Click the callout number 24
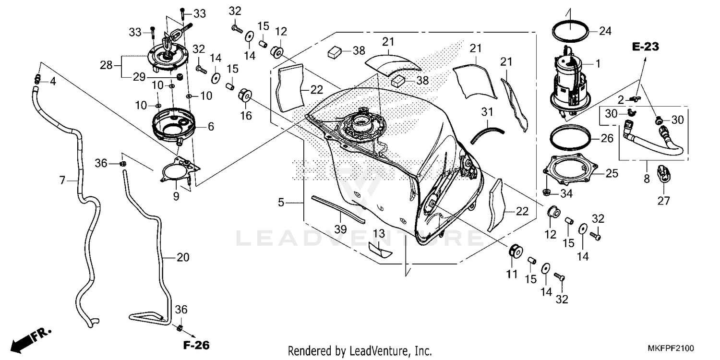pyautogui.click(x=605, y=32)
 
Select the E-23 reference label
pyautogui.click(x=645, y=47)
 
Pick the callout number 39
pyautogui.click(x=340, y=229)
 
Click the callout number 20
pyautogui.click(x=183, y=258)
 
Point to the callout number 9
pyautogui.click(x=176, y=196)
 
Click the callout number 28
pyautogui.click(x=106, y=65)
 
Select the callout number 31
pyautogui.click(x=487, y=112)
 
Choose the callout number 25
pyautogui.click(x=612, y=174)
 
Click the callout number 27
pyautogui.click(x=663, y=201)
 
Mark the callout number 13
pyautogui.click(x=379, y=234)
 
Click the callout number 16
pyautogui.click(x=246, y=115)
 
